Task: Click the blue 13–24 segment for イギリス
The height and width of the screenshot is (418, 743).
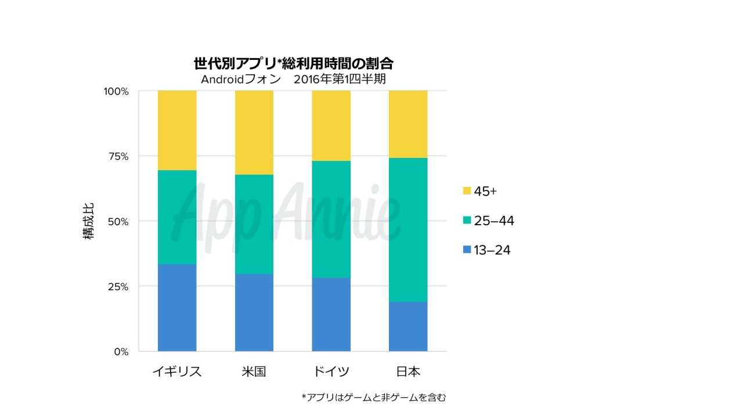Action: pyautogui.click(x=177, y=308)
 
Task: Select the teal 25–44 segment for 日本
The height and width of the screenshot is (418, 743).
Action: pyautogui.click(x=408, y=230)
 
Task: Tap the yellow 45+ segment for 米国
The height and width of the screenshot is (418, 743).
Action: pyautogui.click(x=254, y=132)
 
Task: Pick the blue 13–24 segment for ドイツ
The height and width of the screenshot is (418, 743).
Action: pyautogui.click(x=331, y=315)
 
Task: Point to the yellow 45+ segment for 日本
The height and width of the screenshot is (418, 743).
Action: pyautogui.click(x=408, y=124)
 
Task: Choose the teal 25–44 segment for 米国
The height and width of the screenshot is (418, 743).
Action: pyautogui.click(x=254, y=224)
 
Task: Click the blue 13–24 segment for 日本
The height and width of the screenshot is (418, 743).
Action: pyautogui.click(x=408, y=326)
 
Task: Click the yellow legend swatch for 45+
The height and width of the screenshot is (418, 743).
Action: pyautogui.click(x=467, y=191)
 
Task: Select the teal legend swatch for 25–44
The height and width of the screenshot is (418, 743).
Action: pyautogui.click(x=467, y=221)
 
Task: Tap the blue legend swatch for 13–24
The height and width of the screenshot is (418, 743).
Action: pyautogui.click(x=467, y=250)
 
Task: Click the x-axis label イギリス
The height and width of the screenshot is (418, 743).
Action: pyautogui.click(x=177, y=372)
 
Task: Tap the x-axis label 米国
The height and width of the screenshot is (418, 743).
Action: pyautogui.click(x=254, y=372)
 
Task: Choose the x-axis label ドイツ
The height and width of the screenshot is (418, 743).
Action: pyautogui.click(x=331, y=372)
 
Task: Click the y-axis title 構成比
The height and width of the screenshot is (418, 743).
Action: pyautogui.click(x=89, y=221)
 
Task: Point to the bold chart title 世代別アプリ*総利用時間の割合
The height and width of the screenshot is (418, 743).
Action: pyautogui.click(x=294, y=63)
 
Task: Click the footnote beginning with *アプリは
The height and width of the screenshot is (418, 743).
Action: pyautogui.click(x=374, y=397)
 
